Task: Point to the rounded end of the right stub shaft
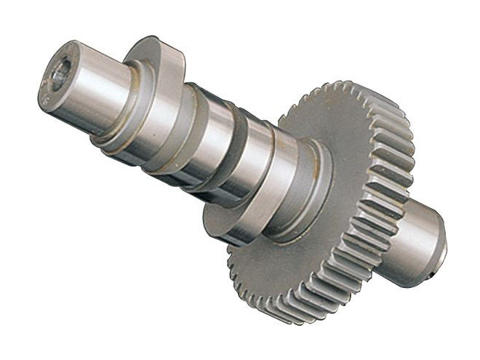coord(439,240)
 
